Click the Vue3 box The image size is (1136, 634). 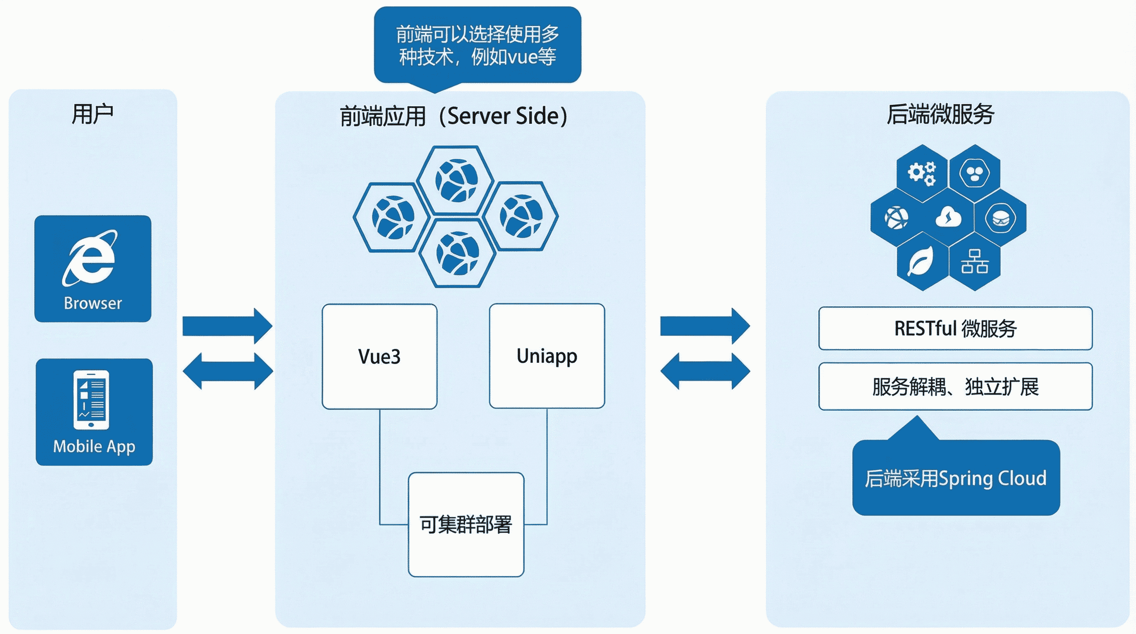tap(379, 356)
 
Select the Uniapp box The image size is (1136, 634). tap(547, 356)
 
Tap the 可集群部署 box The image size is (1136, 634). tap(466, 524)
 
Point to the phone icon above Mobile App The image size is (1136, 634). tap(91, 400)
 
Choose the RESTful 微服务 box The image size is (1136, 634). tap(955, 329)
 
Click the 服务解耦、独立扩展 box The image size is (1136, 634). tap(955, 387)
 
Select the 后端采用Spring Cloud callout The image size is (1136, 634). tap(956, 478)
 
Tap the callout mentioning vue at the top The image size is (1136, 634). tap(477, 45)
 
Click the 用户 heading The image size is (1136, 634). tap(92, 114)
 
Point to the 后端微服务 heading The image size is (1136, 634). tap(940, 114)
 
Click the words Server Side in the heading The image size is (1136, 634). tap(503, 116)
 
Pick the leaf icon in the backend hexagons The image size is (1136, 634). tap(921, 261)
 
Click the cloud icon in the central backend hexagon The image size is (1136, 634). tap(949, 217)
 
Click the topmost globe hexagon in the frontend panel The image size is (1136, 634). tap(456, 181)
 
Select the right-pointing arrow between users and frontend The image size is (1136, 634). tap(227, 326)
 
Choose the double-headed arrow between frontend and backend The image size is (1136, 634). tap(705, 371)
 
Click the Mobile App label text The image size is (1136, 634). tap(94, 446)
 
